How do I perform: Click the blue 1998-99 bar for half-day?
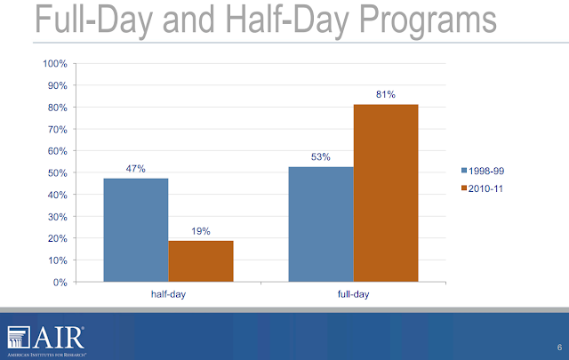tap(135, 230)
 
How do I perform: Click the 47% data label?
tap(135, 166)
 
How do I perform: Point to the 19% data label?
tap(200, 231)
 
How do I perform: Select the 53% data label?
tap(321, 157)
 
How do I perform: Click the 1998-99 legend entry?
tap(486, 169)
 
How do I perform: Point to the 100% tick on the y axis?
tap(55, 64)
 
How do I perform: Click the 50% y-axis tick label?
tap(57, 173)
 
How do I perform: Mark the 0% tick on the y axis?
tap(60, 283)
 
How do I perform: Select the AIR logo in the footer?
tap(46, 338)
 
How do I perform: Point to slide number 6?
tap(558, 347)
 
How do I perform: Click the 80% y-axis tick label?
tap(57, 108)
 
